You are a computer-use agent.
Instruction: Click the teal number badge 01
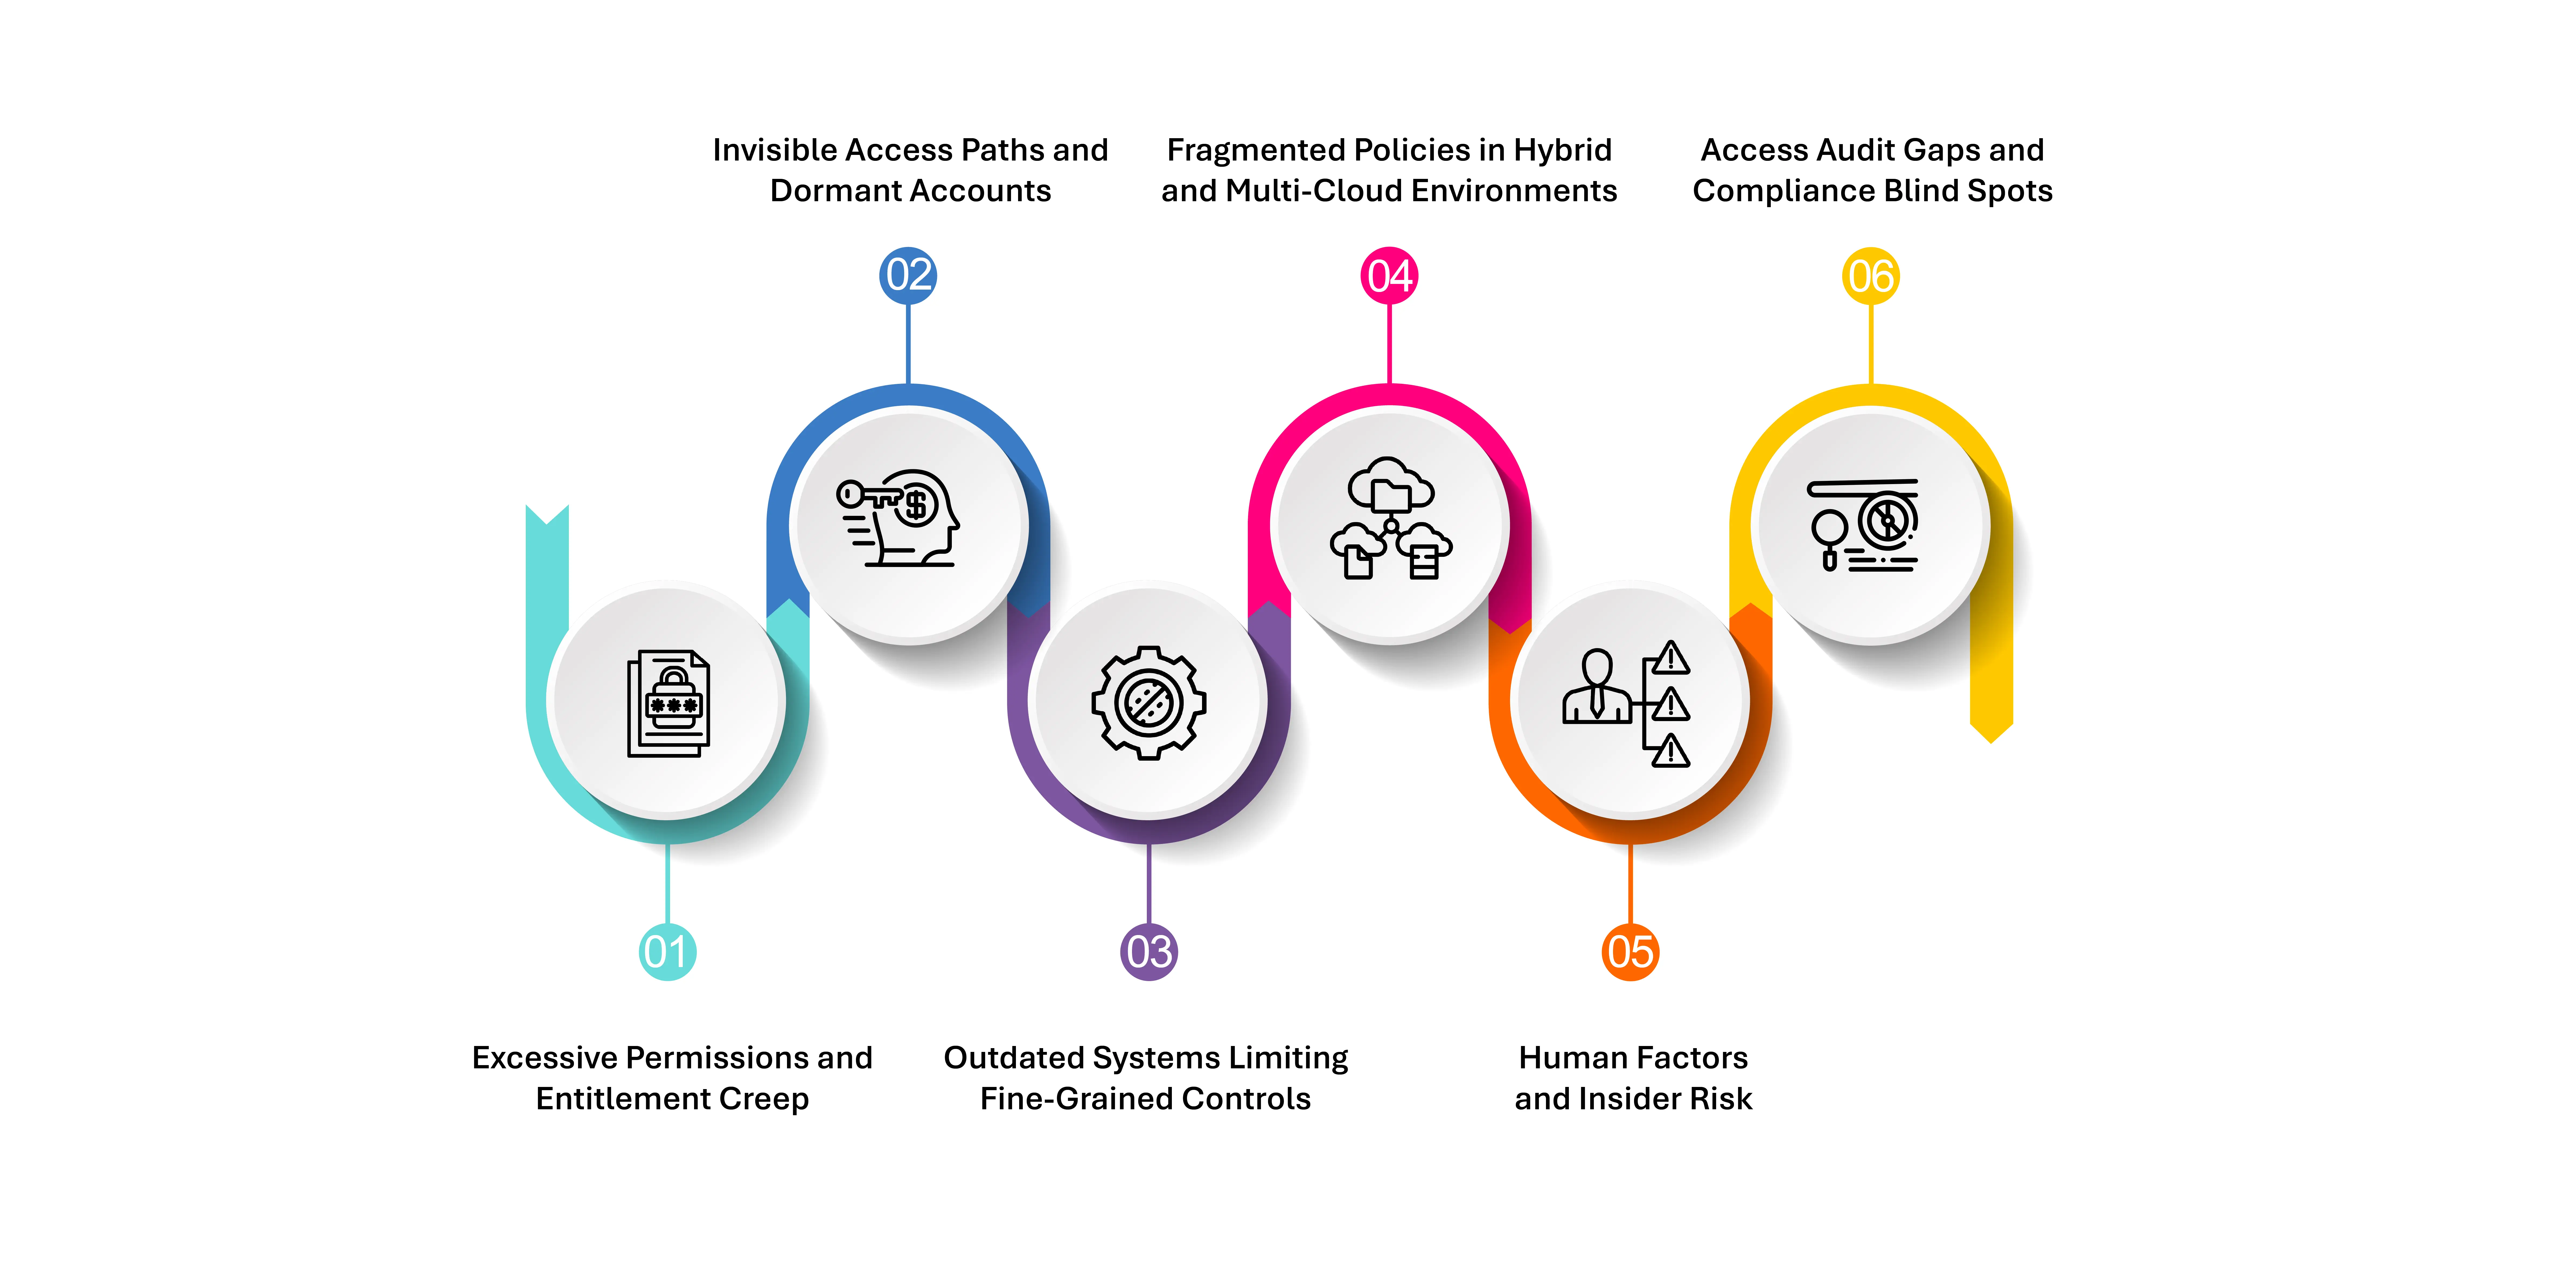tap(667, 952)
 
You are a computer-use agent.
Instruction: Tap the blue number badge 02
tap(908, 275)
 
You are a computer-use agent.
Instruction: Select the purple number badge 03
tap(1149, 952)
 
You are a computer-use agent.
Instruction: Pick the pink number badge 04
tap(1389, 275)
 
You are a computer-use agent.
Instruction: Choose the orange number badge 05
tap(1631, 952)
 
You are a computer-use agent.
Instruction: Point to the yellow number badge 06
tap(1871, 275)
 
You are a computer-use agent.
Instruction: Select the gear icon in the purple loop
tap(1149, 703)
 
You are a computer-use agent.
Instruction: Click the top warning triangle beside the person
tap(1671, 658)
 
